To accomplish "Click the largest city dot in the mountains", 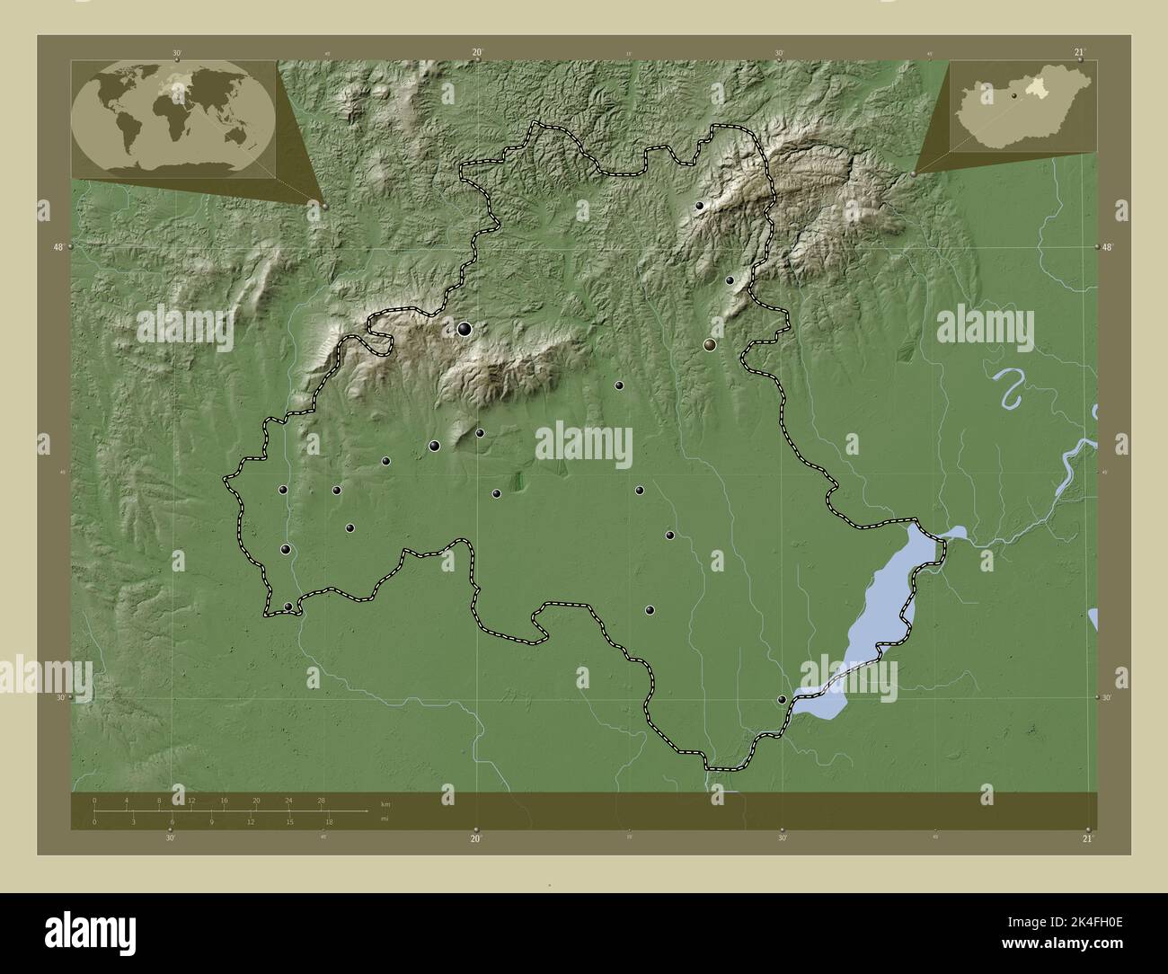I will point(465,329).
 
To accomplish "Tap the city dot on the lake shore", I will point(782,699).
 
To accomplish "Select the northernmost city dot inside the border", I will point(700,206).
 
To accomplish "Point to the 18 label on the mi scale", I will point(330,821).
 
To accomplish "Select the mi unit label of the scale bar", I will point(385,818).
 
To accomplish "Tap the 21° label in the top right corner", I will point(1079,52).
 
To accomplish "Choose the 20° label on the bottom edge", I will point(476,838).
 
